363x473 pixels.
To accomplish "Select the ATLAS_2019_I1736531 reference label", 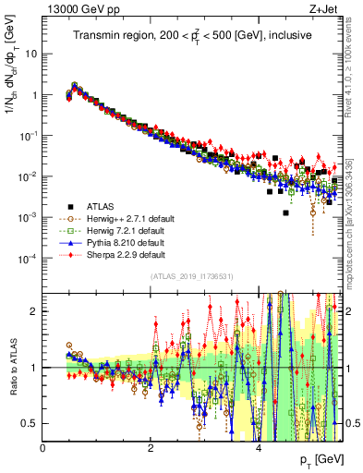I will click(x=191, y=276).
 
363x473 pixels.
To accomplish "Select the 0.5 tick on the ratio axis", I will click(x=29, y=423).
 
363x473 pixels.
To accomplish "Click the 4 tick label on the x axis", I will click(x=258, y=448).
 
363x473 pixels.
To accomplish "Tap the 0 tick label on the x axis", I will click(x=42, y=448).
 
